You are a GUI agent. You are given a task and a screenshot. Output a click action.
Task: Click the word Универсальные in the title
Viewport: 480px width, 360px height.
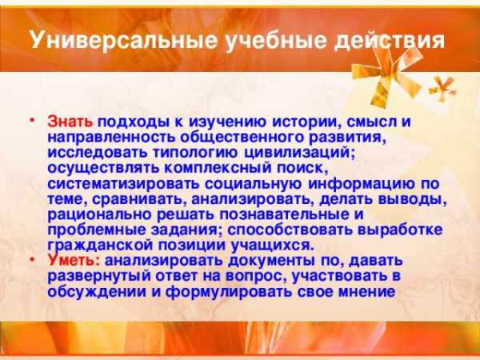[124, 39]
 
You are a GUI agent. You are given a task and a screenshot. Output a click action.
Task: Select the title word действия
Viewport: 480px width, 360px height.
[389, 41]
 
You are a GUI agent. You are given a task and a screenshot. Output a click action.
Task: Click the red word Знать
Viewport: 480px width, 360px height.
[70, 122]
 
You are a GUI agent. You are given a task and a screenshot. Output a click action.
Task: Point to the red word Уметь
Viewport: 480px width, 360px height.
[74, 260]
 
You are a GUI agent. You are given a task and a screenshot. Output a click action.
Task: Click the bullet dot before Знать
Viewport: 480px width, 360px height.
[31, 120]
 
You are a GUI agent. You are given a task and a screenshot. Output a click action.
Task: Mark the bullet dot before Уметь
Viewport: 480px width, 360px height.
[31, 259]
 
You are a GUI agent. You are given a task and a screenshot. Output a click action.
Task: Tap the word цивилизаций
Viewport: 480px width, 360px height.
[299, 153]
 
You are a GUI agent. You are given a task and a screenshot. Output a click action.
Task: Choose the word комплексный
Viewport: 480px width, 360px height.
[218, 168]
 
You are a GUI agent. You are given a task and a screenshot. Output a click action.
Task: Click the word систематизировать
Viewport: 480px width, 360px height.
[123, 184]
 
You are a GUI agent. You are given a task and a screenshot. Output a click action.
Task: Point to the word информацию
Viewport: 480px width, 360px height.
[358, 184]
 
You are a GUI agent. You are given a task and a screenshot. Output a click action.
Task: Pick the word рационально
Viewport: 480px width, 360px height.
[99, 214]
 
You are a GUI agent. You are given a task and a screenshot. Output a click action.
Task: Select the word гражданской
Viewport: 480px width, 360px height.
[100, 246]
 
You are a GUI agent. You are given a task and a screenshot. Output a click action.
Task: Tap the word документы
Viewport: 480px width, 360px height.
[271, 261]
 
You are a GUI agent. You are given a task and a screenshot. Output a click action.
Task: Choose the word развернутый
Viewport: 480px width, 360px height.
[99, 276]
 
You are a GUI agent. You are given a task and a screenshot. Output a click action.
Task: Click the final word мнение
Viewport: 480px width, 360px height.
[366, 291]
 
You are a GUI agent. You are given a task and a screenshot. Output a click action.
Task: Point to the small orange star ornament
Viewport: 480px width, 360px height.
[442, 89]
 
